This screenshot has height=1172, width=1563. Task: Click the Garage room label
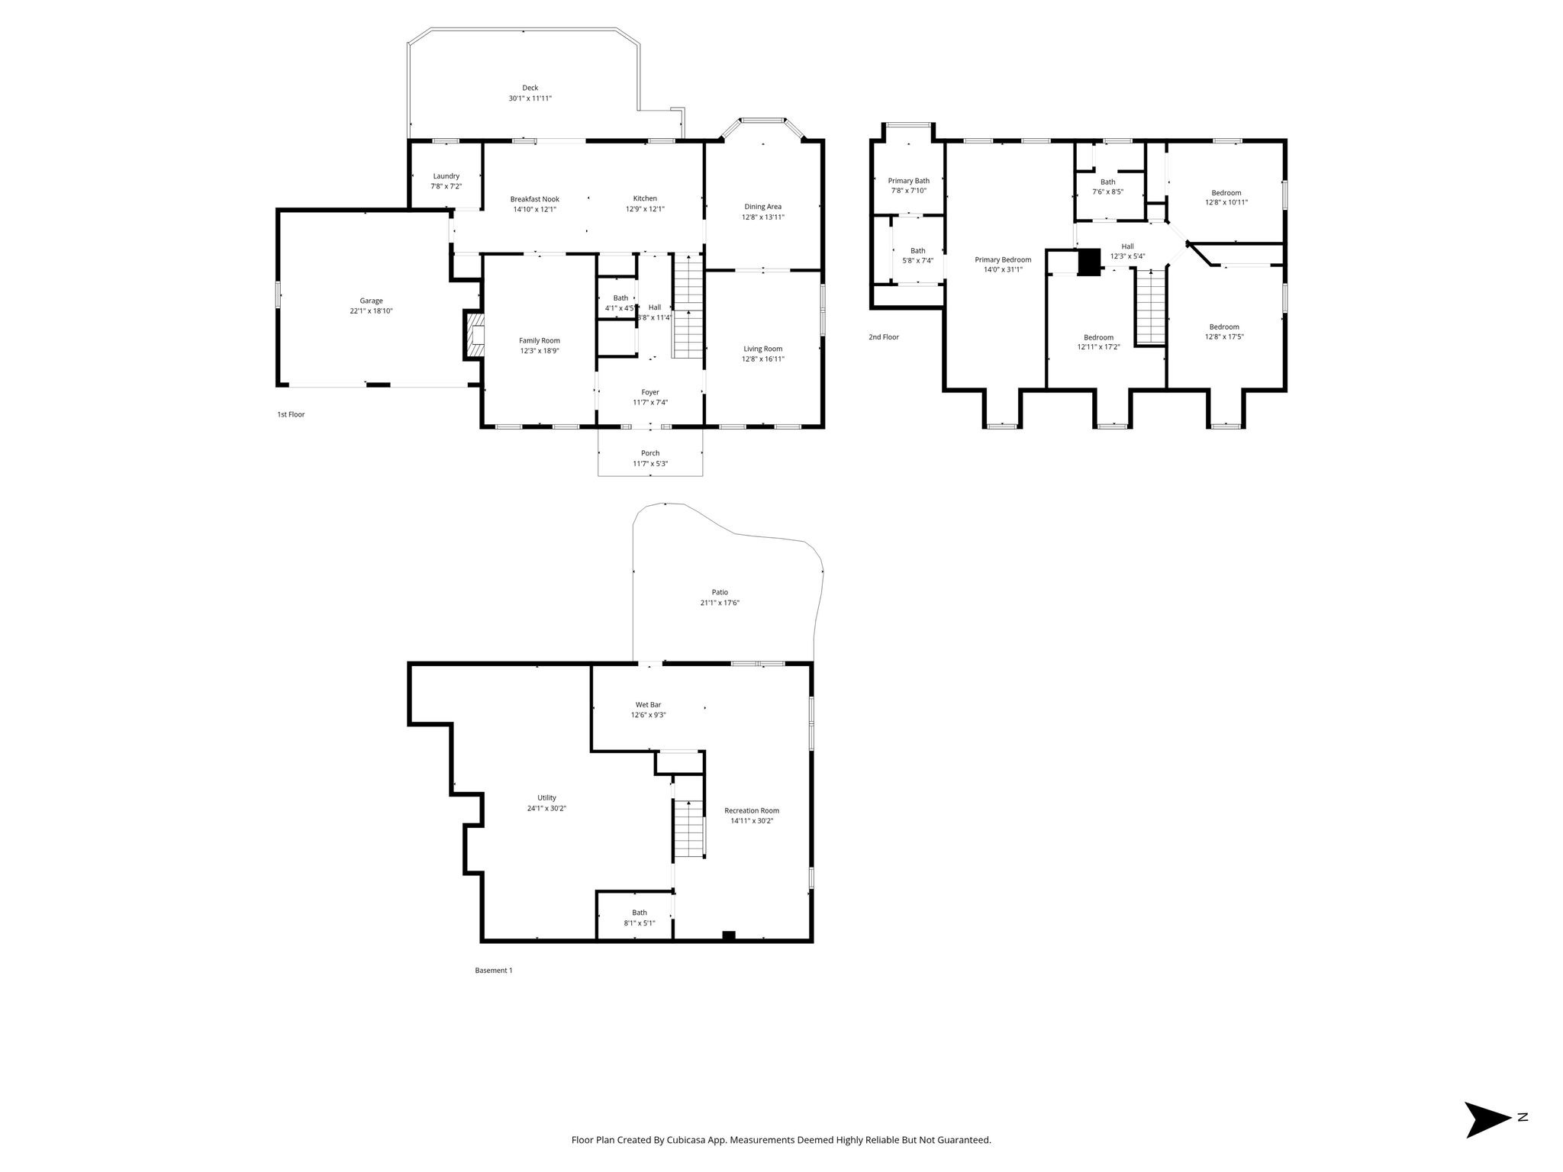[372, 301]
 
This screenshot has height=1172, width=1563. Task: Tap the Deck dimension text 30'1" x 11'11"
[530, 98]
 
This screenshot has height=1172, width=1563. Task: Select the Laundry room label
[446, 176]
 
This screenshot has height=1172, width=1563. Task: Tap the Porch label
[650, 453]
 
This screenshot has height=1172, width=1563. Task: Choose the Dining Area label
[763, 207]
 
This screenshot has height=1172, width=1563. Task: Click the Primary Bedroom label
[1003, 259]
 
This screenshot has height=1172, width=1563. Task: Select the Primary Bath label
[909, 181]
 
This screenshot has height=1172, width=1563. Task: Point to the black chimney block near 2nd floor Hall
[1089, 262]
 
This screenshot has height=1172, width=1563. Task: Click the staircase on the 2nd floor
[1151, 307]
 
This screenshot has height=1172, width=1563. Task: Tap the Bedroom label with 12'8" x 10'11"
[1226, 193]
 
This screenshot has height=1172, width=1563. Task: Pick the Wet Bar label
[649, 705]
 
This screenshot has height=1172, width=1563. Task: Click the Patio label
[720, 592]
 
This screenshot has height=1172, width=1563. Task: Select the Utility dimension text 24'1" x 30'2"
[546, 809]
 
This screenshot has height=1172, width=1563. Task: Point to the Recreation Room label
[752, 811]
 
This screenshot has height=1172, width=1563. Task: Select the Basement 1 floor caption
[494, 971]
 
